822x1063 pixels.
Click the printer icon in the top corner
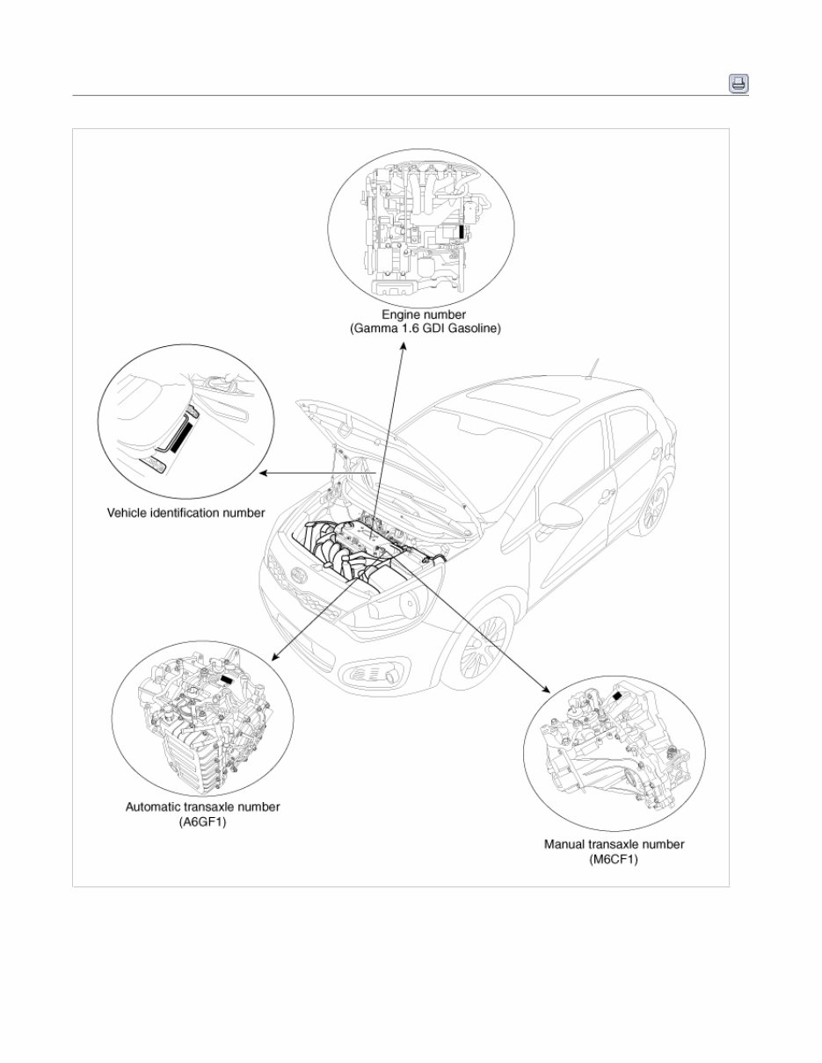(738, 83)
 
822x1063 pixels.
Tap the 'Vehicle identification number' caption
(185, 512)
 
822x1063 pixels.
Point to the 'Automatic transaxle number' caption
(202, 806)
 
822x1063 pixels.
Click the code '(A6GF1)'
(202, 822)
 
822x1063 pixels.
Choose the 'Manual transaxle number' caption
(614, 844)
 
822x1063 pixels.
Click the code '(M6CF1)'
(614, 860)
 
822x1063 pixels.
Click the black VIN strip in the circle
(180, 435)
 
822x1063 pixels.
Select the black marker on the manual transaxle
(619, 696)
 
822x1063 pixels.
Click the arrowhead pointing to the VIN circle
(263, 474)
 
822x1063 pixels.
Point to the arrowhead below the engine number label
(404, 347)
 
